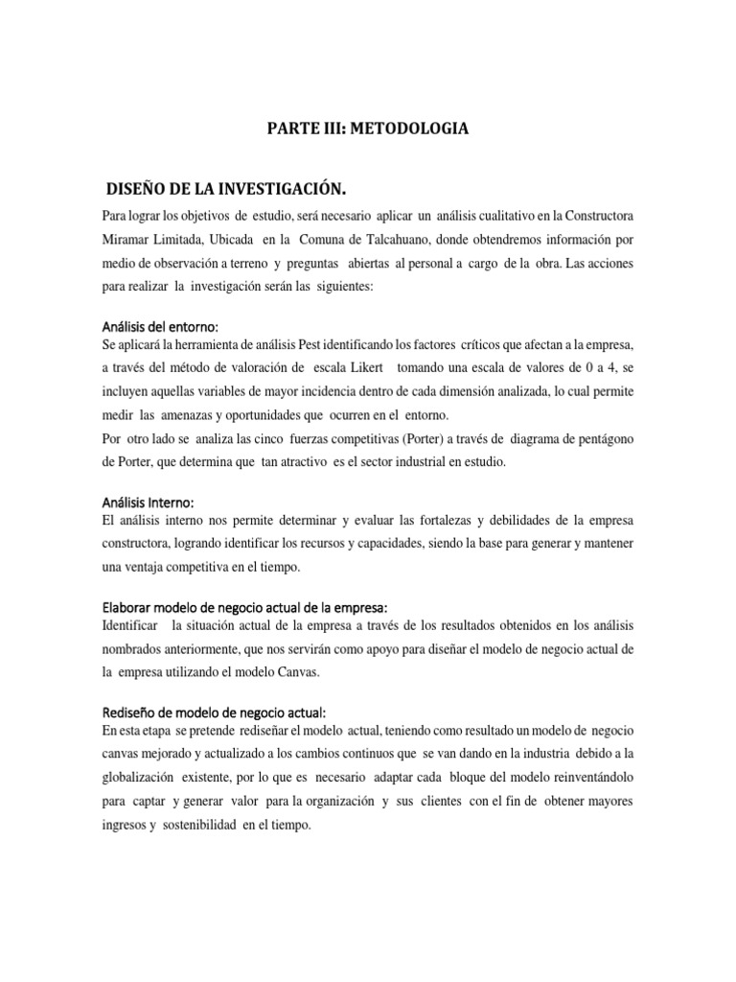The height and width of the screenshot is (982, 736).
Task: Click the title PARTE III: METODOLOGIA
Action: coord(368,128)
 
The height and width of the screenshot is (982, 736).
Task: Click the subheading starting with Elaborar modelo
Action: coord(244,607)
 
